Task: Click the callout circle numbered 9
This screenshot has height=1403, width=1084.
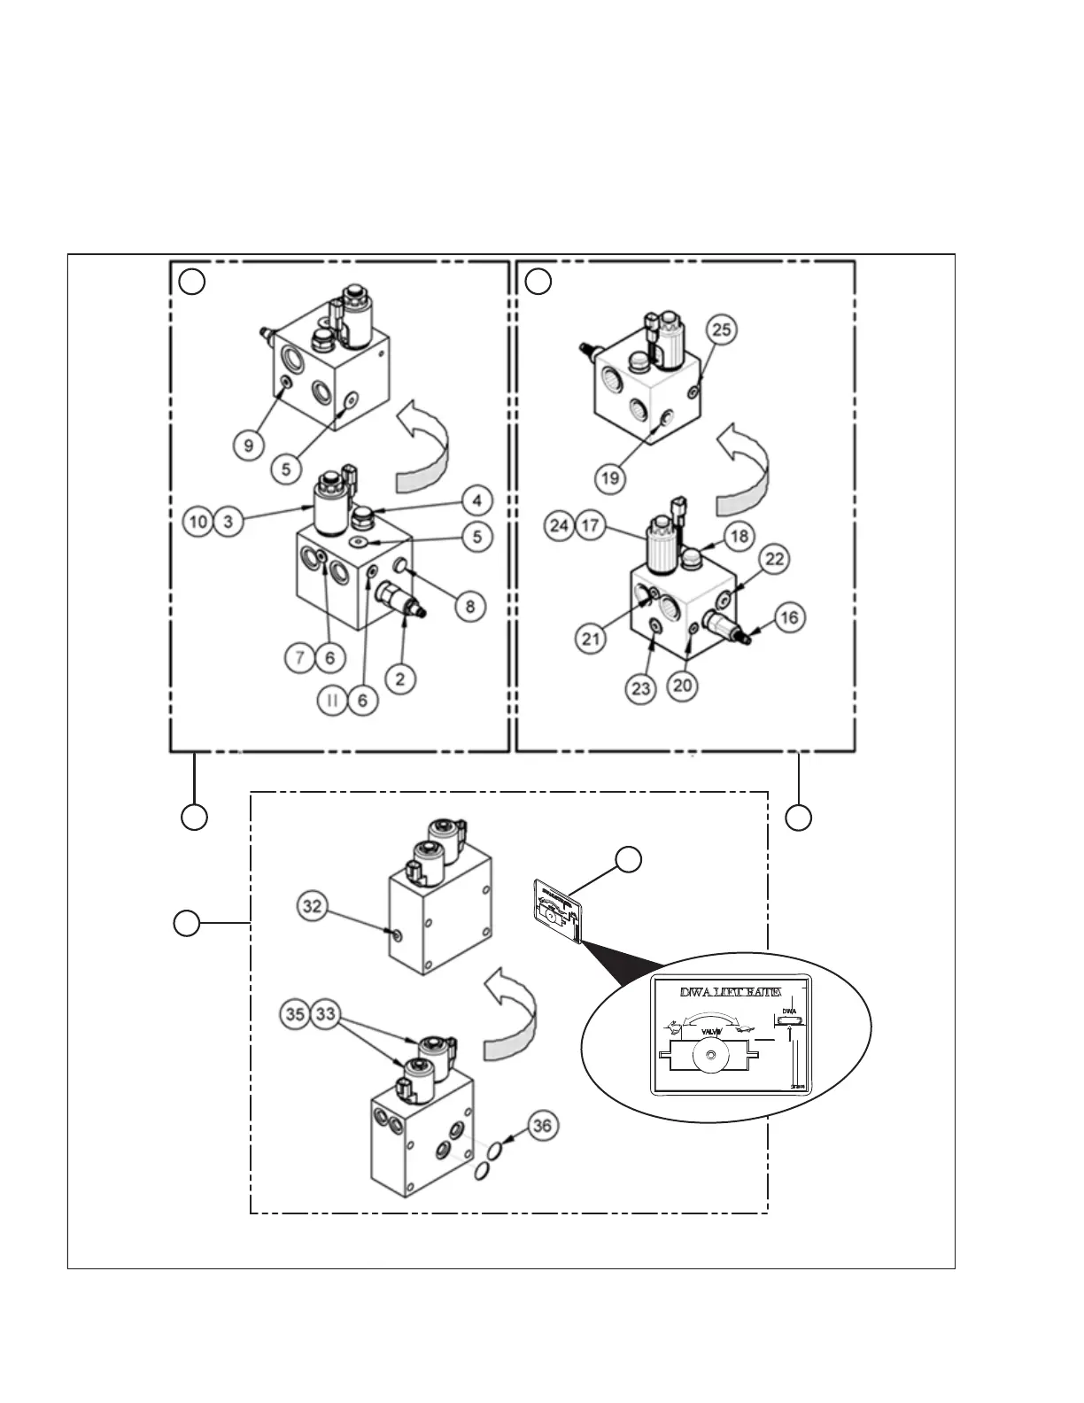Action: (x=248, y=444)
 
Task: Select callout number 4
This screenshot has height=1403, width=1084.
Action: (x=476, y=500)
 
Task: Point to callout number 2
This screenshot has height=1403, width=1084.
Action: (x=400, y=679)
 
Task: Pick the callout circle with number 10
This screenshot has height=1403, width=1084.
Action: (x=198, y=521)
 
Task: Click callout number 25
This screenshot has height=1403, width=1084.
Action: (x=722, y=329)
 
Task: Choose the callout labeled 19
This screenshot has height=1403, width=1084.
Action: (x=611, y=479)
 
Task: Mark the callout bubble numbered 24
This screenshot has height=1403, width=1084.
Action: (x=559, y=525)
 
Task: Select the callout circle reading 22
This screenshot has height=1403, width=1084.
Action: (x=775, y=559)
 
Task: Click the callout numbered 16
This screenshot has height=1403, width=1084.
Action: (x=790, y=617)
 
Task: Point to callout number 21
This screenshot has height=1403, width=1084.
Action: (x=591, y=639)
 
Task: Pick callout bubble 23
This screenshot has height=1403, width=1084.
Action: (x=641, y=688)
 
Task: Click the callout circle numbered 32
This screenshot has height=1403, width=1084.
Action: (x=312, y=906)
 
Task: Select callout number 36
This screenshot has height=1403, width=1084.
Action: (x=543, y=1126)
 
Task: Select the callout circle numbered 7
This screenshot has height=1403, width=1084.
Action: (x=301, y=657)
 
